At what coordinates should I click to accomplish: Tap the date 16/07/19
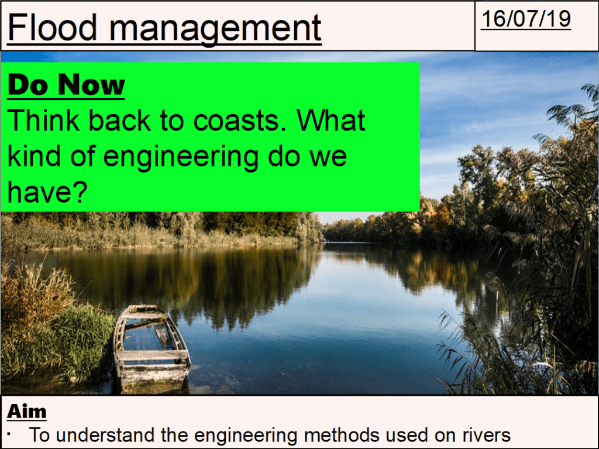tap(525, 19)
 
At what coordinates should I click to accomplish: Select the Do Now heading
tap(66, 85)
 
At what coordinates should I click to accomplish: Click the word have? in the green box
tap(44, 192)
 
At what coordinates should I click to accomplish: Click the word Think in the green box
tap(44, 121)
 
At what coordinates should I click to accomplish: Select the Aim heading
tap(26, 412)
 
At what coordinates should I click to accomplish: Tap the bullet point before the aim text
tap(11, 434)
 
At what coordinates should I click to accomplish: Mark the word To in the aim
tap(39, 435)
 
